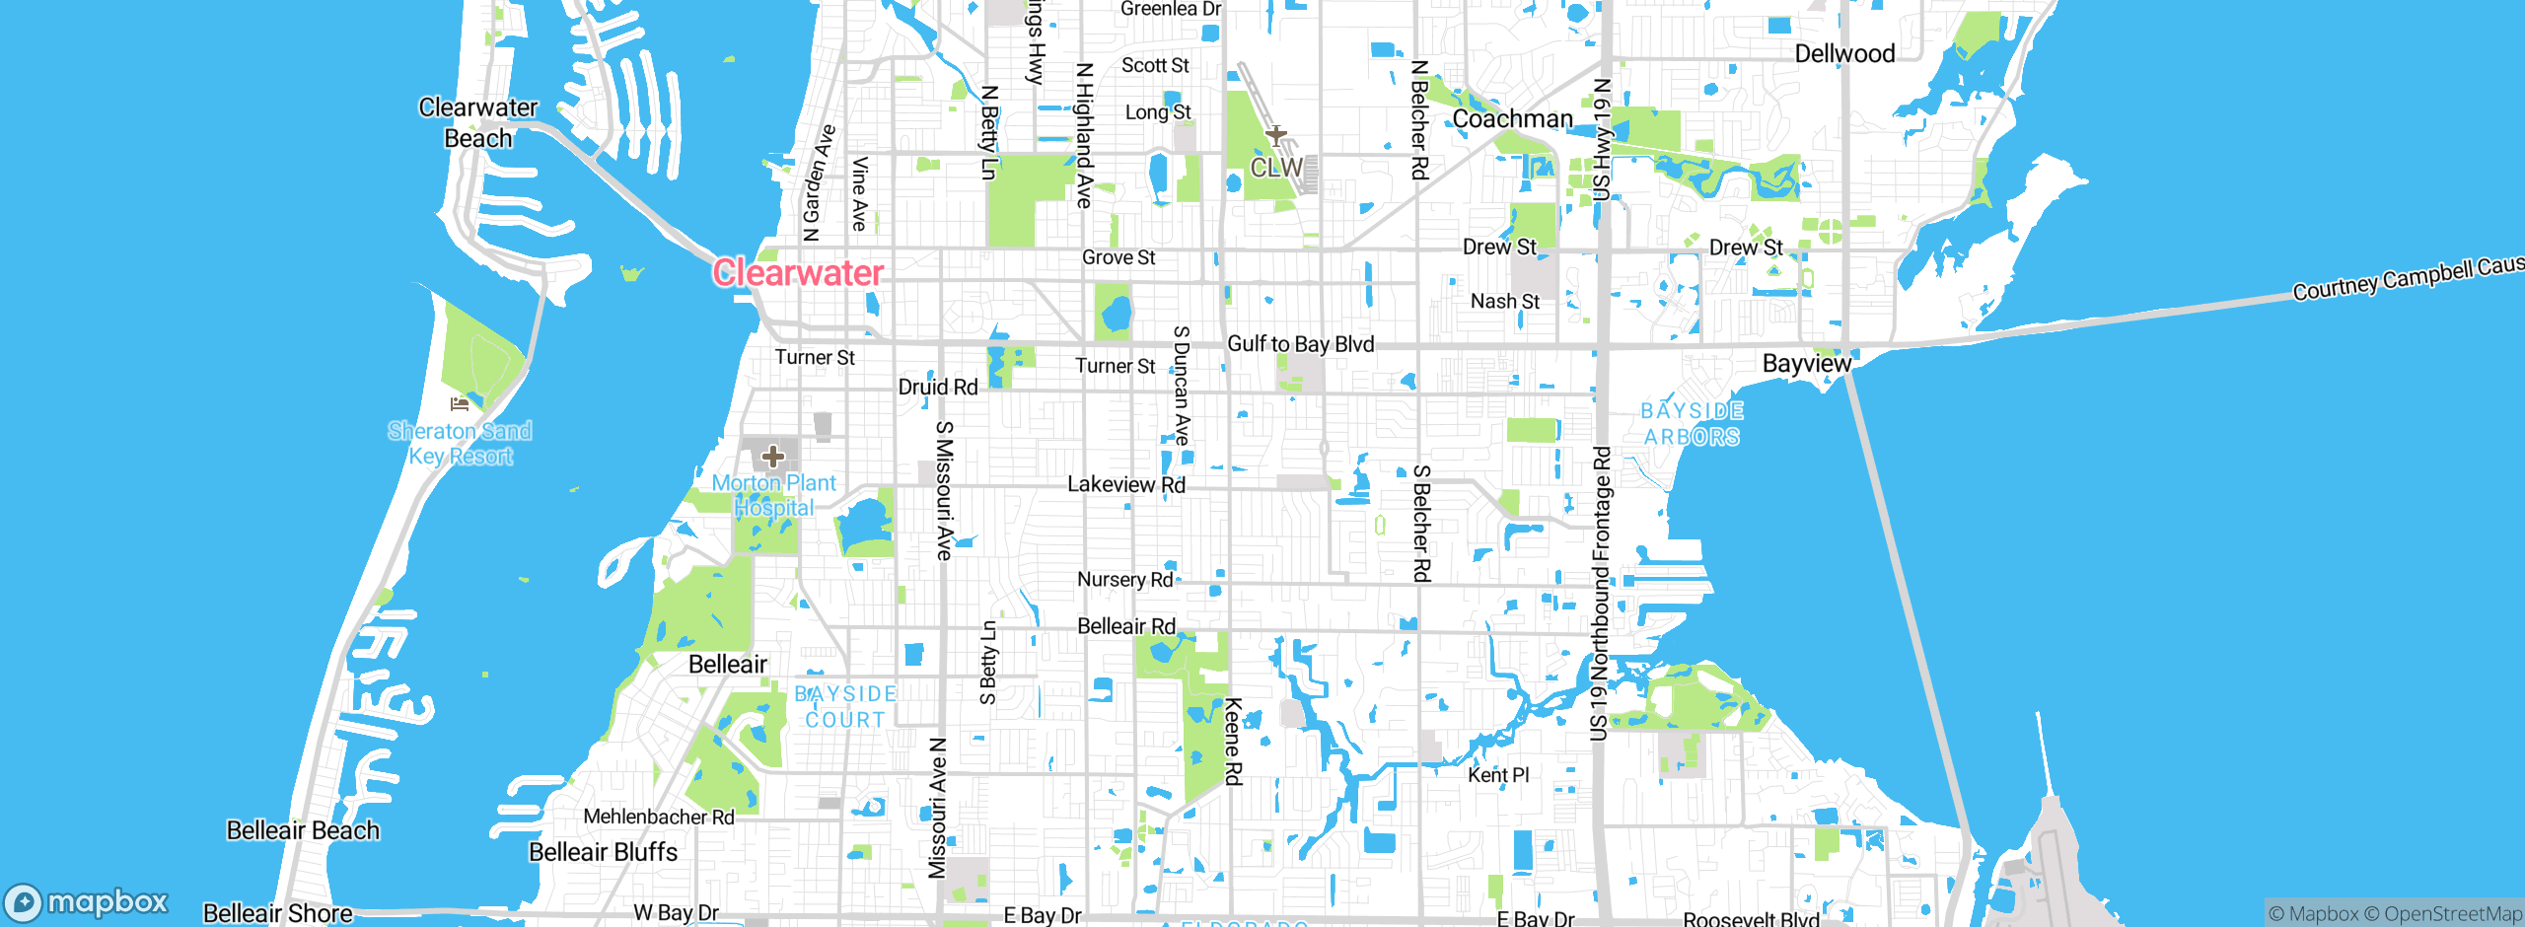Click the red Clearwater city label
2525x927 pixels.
798,273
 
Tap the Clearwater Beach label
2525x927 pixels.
478,122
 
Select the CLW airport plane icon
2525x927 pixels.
1276,135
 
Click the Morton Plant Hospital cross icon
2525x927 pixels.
773,457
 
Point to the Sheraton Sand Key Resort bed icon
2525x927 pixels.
459,403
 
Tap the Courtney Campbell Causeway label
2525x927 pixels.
2407,279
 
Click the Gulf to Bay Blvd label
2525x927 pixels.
1300,344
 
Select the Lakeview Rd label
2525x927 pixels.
1126,484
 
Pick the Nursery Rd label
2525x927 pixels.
1124,580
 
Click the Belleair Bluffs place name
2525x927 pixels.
604,852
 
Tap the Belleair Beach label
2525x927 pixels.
303,830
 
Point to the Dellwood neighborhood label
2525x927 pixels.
1844,54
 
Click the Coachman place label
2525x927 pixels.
1512,119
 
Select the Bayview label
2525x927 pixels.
1807,364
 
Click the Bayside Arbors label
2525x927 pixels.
1692,424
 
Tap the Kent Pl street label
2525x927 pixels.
1498,775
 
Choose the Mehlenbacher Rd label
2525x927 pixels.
659,817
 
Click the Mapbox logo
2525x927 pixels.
87,902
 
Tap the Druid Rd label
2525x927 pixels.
938,388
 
